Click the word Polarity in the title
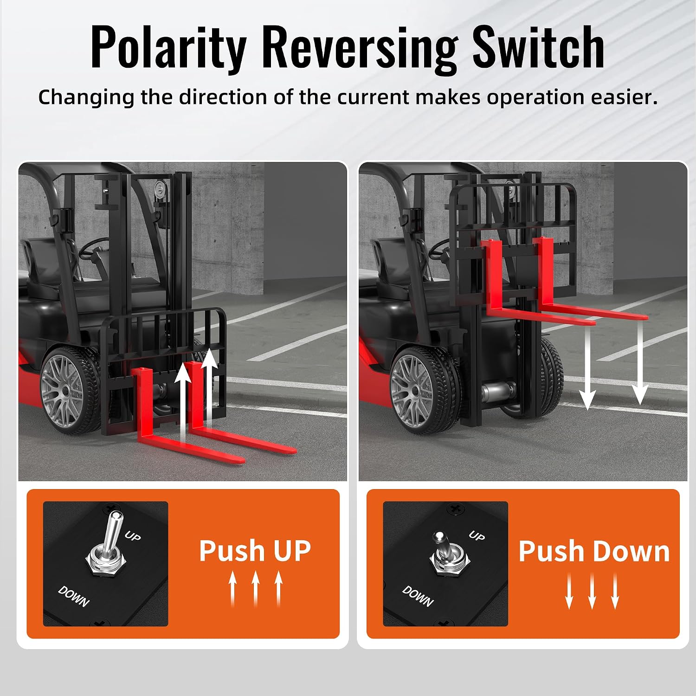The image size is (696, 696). click(x=168, y=47)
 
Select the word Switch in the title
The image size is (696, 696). click(x=538, y=46)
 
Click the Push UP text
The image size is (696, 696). click(x=255, y=550)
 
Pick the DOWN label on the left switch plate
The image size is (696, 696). click(x=74, y=596)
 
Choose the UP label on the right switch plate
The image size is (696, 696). click(x=477, y=536)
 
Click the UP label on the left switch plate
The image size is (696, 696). click(x=133, y=536)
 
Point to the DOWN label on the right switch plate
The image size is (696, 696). click(x=418, y=596)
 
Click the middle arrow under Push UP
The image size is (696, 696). click(x=255, y=589)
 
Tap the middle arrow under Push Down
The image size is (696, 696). click(x=592, y=591)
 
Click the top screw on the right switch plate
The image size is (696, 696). click(x=455, y=509)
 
